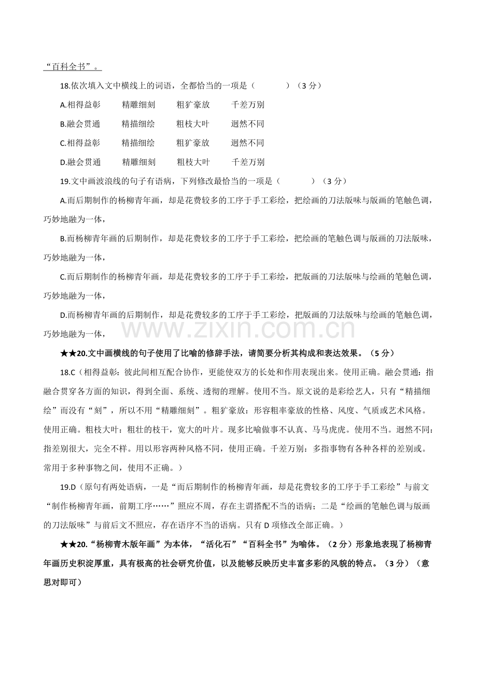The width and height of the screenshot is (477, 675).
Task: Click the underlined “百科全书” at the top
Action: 73,66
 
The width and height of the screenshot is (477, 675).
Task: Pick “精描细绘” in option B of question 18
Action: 138,124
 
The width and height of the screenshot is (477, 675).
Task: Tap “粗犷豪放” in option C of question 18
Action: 193,143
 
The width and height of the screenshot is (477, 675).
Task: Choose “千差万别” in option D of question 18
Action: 248,162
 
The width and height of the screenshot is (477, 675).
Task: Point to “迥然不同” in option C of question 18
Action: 247,143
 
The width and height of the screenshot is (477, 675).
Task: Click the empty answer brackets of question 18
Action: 271,86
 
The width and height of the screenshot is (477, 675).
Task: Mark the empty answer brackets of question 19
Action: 296,181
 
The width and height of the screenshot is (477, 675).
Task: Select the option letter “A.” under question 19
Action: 63,201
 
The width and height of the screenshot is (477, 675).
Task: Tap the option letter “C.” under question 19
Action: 63,277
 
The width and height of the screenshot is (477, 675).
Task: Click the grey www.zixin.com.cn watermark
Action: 238,330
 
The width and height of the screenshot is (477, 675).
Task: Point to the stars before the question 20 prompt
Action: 68,354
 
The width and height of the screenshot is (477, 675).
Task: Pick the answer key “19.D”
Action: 68,487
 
